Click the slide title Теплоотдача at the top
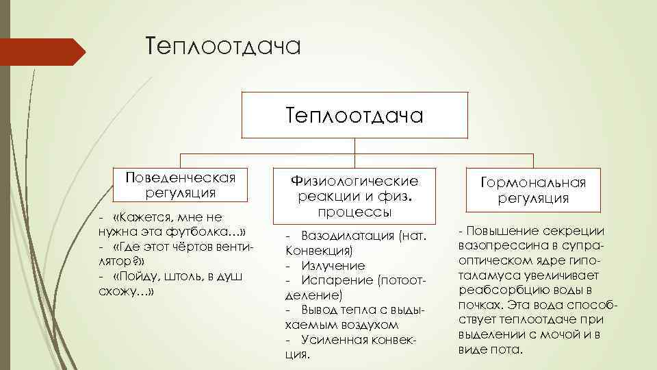223,47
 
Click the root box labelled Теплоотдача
355,114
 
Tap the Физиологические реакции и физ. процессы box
355,195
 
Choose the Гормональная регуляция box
533,190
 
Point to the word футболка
196,230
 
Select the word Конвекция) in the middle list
319,250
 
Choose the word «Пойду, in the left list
136,275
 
